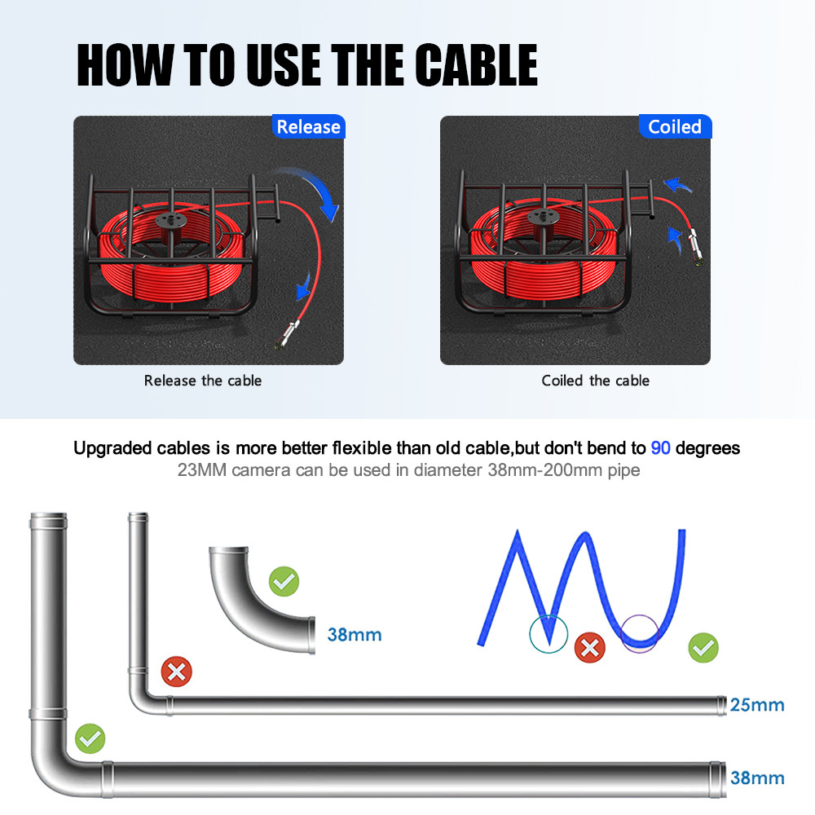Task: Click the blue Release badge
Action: tap(308, 127)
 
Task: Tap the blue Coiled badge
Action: tap(674, 127)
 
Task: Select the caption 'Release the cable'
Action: tap(203, 381)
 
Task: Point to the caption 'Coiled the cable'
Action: tap(595, 381)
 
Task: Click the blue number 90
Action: tap(660, 448)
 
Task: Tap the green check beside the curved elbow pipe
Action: tap(284, 581)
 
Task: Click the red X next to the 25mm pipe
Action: tap(175, 672)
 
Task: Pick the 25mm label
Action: tap(757, 704)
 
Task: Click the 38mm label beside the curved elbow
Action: tap(354, 634)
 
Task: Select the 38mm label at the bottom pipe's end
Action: tap(757, 778)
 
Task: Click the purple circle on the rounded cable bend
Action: tap(638, 632)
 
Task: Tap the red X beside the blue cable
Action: tap(589, 649)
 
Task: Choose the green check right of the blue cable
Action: tap(703, 649)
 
